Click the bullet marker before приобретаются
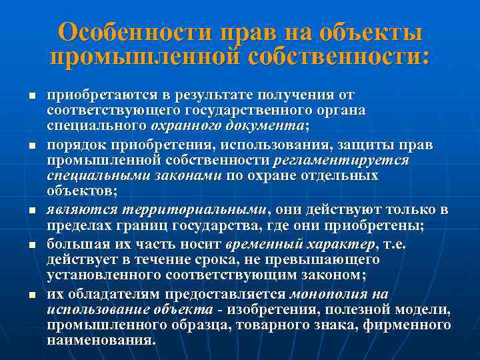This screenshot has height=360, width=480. pyautogui.click(x=31, y=96)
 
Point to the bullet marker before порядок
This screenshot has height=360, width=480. pyautogui.click(x=31, y=145)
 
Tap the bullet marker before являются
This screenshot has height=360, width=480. pyautogui.click(x=31, y=211)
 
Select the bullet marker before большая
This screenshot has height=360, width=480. pyautogui.click(x=31, y=245)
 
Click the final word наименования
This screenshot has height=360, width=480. pyautogui.click(x=101, y=339)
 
